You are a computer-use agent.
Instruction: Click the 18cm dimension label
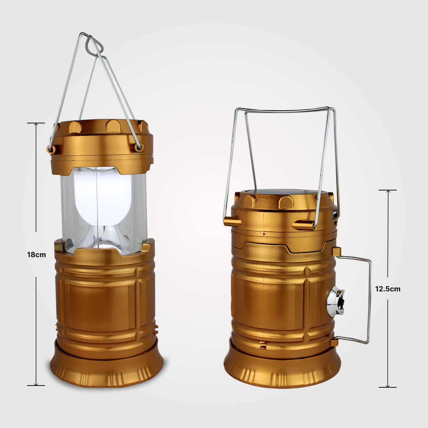pyautogui.click(x=36, y=255)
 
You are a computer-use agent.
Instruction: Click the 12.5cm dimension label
pyautogui.click(x=388, y=289)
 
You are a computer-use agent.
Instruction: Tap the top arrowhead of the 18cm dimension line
pyautogui.click(x=36, y=124)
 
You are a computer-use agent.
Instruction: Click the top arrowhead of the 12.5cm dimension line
pyautogui.click(x=388, y=191)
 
